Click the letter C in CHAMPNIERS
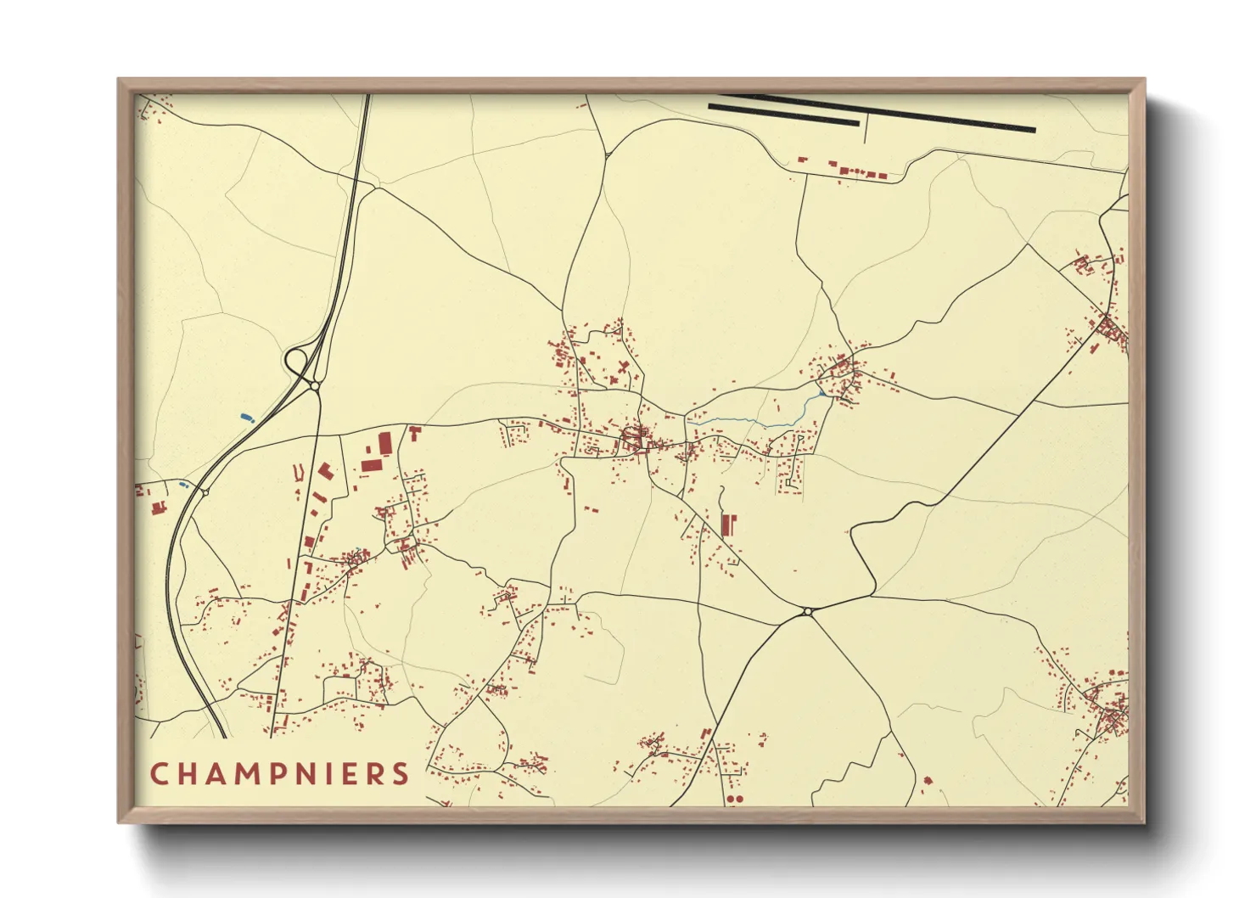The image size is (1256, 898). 160,774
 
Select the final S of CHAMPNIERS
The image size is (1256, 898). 401,774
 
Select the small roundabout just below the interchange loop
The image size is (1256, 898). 315,386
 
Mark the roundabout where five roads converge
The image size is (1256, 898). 807,611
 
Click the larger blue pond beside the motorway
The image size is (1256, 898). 247,418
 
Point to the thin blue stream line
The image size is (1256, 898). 747,421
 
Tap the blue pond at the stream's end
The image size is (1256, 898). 821,394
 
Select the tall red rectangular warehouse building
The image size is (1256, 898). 385,443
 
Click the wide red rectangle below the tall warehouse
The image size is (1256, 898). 371,465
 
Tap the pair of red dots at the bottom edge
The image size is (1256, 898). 734,799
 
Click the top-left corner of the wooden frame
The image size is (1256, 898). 120,81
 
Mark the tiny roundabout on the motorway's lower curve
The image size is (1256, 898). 205,491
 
